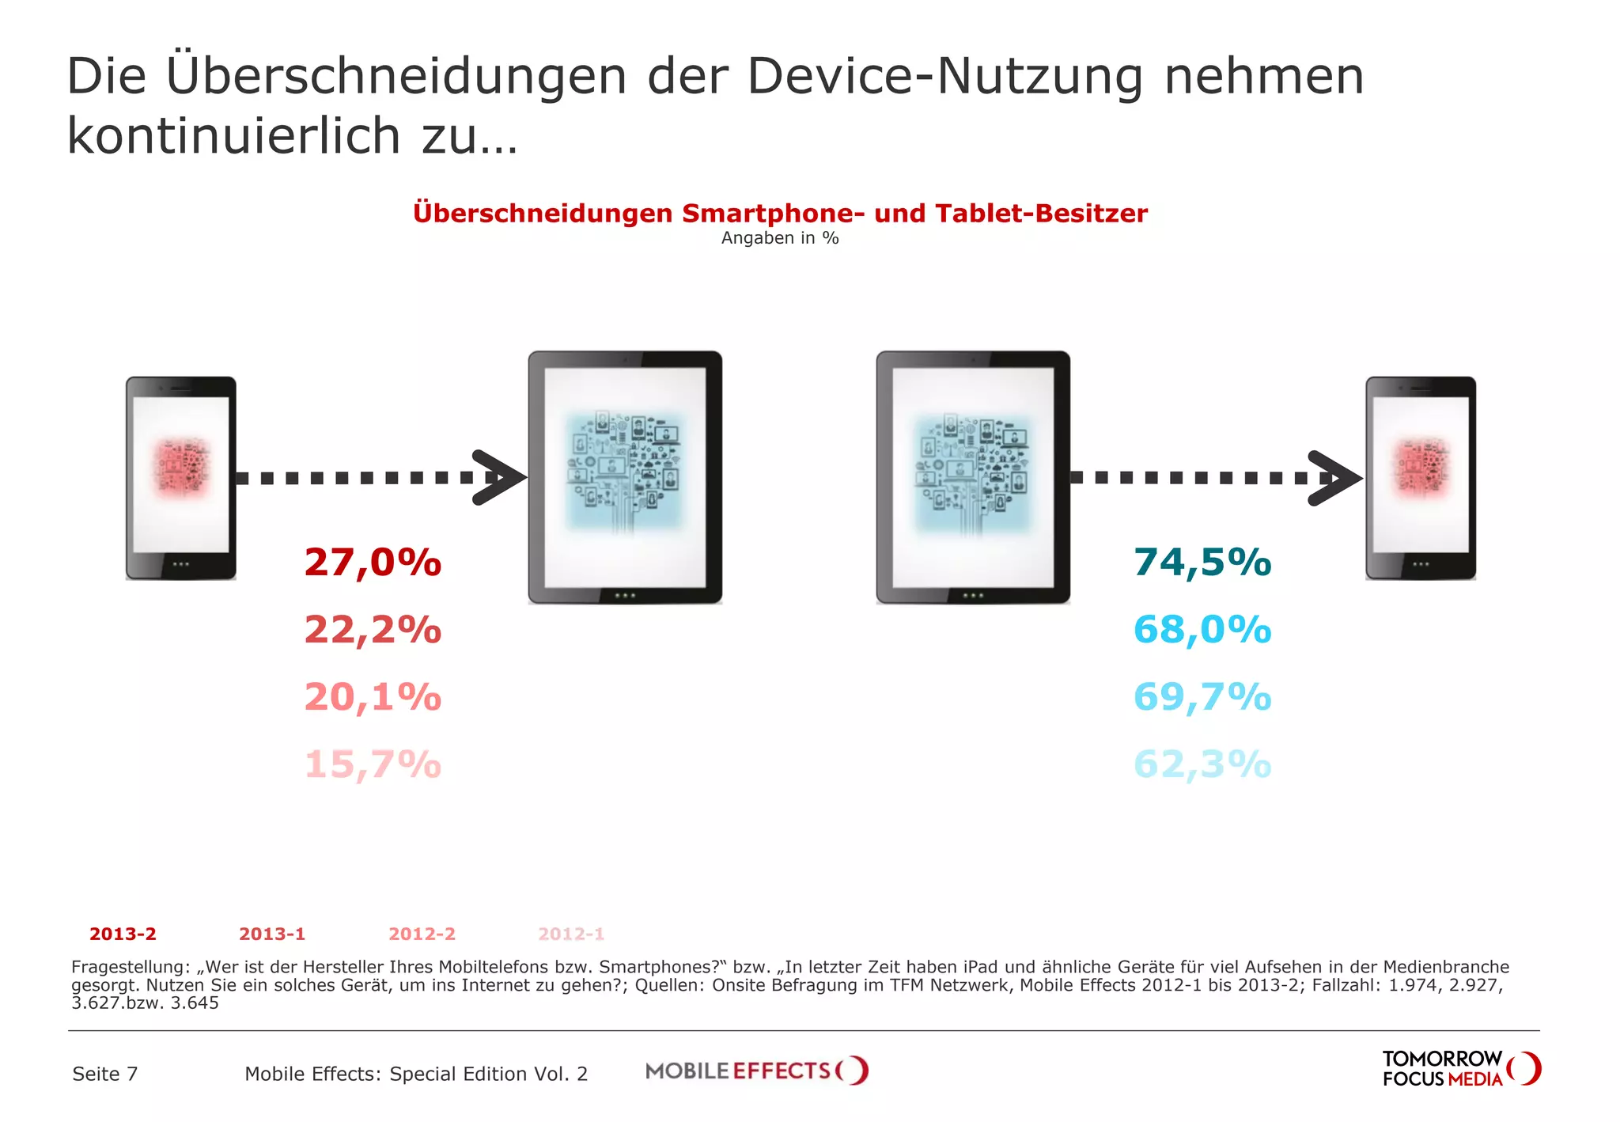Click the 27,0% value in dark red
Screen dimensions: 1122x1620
pos(373,563)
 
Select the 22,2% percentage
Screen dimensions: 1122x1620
pos(373,630)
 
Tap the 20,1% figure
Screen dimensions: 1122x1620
pos(373,697)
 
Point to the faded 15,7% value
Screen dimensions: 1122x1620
pos(373,764)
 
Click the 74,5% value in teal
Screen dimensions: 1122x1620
pos(1202,563)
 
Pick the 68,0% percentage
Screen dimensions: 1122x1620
pos(1202,630)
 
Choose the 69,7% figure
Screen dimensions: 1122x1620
pos(1202,697)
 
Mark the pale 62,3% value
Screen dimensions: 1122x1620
pos(1202,764)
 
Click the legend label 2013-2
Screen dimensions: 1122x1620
pos(123,934)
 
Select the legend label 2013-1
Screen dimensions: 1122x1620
pos(272,934)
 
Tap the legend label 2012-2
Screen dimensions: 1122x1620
pos(422,934)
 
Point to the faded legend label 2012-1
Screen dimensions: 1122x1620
pos(571,934)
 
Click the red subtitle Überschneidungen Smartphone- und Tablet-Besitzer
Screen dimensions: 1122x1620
pos(780,213)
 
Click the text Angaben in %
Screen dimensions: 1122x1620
pos(780,238)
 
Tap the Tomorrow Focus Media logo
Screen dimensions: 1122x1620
pos(1460,1069)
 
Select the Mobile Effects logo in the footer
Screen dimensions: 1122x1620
pos(756,1071)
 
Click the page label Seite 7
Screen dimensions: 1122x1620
pos(104,1074)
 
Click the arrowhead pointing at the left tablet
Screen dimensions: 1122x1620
pos(498,477)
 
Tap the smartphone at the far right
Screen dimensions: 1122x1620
pos(1421,478)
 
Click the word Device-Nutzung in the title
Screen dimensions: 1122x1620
pos(945,77)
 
